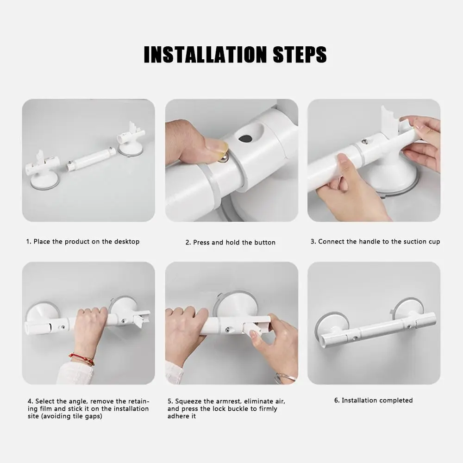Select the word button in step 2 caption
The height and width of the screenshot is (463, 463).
click(264, 243)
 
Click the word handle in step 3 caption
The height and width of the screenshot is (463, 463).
click(363, 242)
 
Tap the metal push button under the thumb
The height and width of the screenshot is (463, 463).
click(223, 159)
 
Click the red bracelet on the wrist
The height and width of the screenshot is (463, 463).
click(81, 358)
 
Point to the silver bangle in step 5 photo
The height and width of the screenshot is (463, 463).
click(285, 378)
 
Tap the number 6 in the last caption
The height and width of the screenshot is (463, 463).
click(336, 400)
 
